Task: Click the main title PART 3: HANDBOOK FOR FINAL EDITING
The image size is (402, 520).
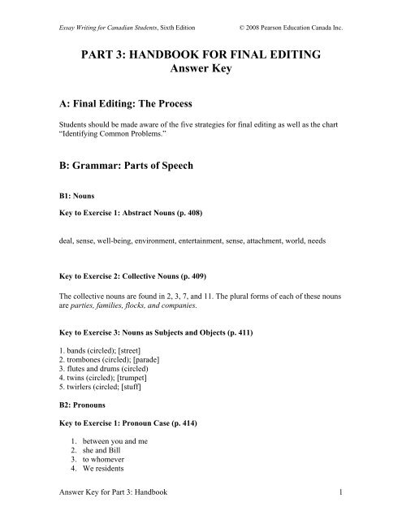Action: pyautogui.click(x=201, y=58)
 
